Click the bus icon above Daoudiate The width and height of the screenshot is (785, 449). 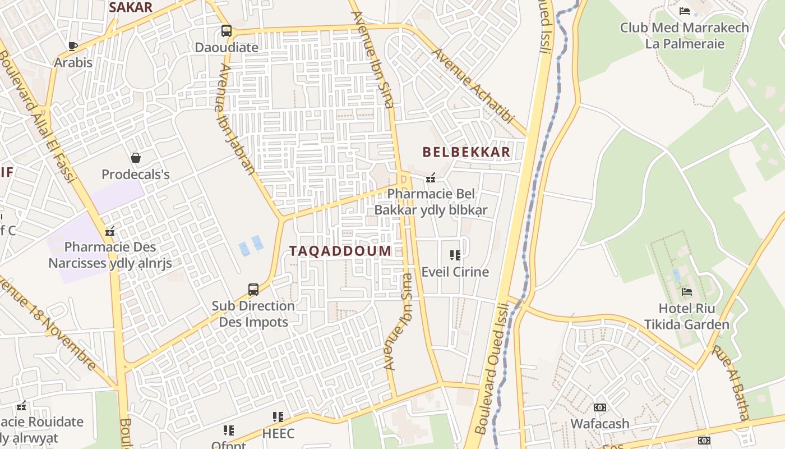(x=227, y=31)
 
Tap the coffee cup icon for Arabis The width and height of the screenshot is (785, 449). (x=72, y=46)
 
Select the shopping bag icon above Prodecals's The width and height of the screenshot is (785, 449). (x=135, y=158)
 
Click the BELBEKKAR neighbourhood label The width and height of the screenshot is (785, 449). (x=466, y=152)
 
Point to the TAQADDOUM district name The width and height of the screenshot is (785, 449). (x=340, y=251)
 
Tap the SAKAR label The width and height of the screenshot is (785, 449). (x=131, y=7)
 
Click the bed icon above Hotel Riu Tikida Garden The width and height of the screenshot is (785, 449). (x=686, y=291)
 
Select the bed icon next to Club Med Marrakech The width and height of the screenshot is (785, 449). (x=684, y=11)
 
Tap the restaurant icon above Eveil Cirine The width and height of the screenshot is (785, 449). (x=455, y=255)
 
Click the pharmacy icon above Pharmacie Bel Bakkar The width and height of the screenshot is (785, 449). (x=431, y=178)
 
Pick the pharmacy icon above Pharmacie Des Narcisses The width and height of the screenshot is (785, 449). (x=110, y=231)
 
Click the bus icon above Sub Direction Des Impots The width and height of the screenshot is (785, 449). (x=253, y=290)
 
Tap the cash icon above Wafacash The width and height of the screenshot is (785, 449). (x=600, y=407)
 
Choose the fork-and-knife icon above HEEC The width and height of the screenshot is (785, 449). (x=278, y=417)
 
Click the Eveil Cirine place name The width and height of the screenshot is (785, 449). (x=455, y=272)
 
